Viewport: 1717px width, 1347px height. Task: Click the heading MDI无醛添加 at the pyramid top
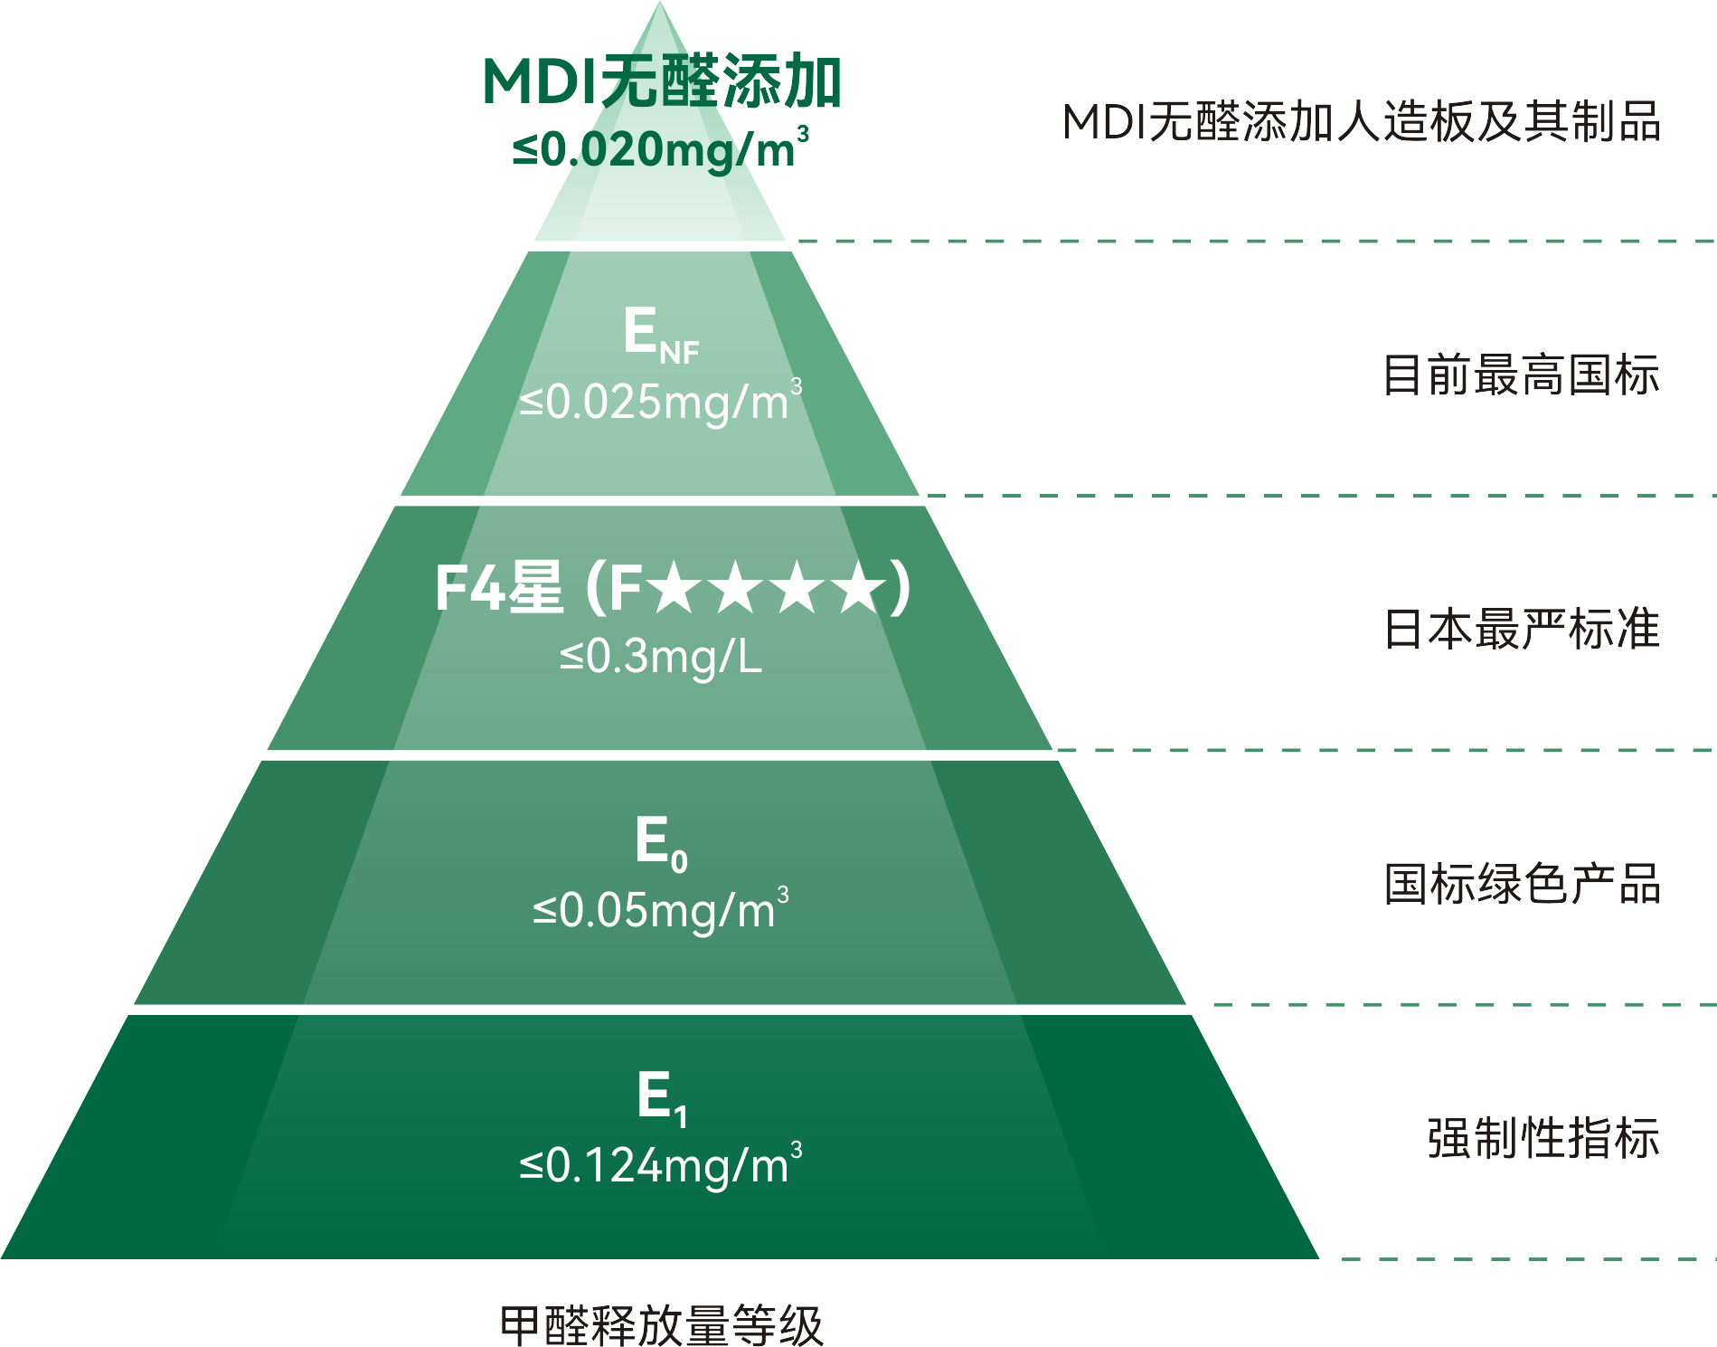tap(662, 82)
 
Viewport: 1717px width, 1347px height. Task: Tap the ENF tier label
tap(660, 333)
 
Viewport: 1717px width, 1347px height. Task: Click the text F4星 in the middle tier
tap(499, 589)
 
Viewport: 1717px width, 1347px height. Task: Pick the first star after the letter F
tap(675, 588)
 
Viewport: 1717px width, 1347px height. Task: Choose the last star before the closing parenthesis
tap(860, 588)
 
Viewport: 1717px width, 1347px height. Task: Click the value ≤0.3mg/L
tap(660, 657)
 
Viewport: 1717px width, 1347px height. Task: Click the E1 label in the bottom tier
tap(662, 1097)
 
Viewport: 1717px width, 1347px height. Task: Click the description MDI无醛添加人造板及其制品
tap(1361, 122)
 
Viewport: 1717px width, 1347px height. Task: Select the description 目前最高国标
tap(1521, 375)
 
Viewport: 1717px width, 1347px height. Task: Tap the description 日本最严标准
tap(1521, 630)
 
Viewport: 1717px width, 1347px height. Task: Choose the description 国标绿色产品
tap(1521, 884)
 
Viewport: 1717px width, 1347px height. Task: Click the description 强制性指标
tap(1542, 1138)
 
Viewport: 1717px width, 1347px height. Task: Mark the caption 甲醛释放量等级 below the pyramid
tap(661, 1325)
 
